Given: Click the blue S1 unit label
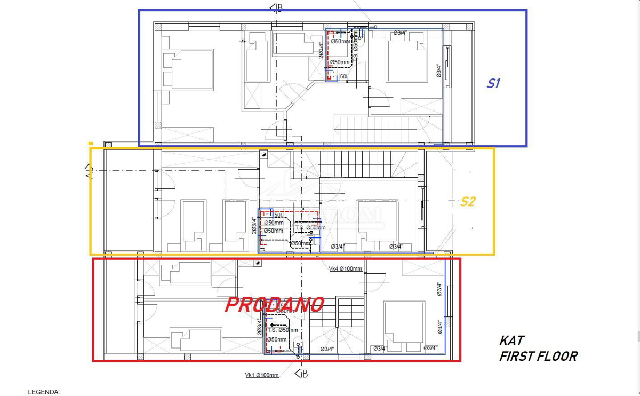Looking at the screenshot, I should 493,84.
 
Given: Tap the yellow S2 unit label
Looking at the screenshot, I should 468,202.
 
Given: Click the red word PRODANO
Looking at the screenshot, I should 274,305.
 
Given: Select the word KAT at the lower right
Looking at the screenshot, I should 511,340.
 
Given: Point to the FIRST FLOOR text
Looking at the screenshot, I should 538,357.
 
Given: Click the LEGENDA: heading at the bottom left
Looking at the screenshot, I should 44,392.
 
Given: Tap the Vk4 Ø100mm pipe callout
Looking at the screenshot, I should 346,268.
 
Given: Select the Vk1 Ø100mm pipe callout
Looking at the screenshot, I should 261,375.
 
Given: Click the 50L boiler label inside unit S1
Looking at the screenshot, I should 345,77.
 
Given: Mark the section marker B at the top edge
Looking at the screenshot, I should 277,7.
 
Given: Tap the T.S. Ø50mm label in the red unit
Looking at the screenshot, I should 283,330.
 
